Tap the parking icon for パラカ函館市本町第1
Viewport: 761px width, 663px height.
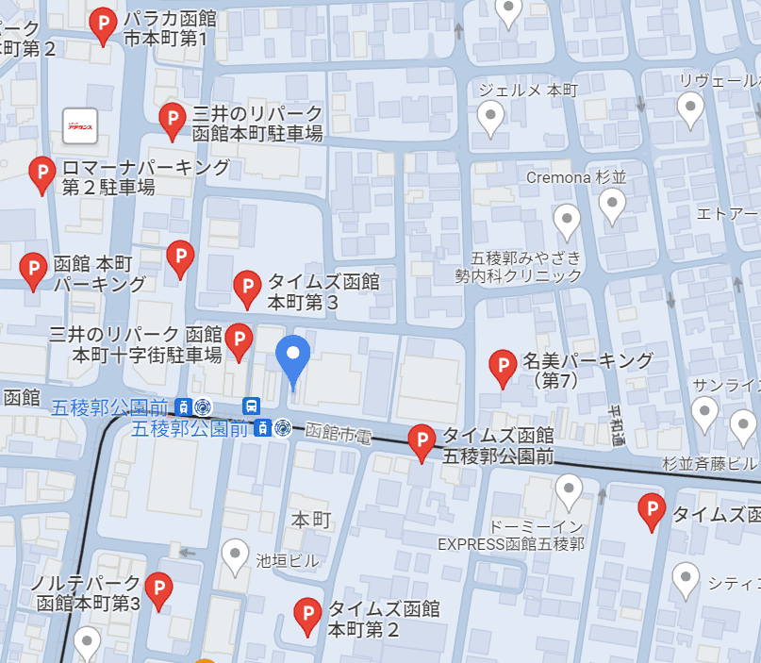(x=103, y=25)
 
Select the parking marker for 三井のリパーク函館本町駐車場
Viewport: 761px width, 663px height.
(x=172, y=121)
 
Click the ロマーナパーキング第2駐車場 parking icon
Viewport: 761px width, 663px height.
(x=41, y=174)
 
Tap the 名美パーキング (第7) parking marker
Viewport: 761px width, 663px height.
(x=503, y=367)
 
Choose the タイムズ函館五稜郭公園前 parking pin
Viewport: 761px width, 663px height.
(x=422, y=441)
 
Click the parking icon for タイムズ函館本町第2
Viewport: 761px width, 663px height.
(x=306, y=615)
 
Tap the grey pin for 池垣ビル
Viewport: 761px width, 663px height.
(x=235, y=555)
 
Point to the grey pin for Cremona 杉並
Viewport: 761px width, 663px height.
(x=613, y=205)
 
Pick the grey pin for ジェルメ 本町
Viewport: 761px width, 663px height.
(x=490, y=118)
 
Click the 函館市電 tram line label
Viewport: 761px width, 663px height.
(x=339, y=433)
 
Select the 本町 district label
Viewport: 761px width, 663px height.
(x=310, y=520)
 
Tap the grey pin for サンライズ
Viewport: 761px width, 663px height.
(x=704, y=412)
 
